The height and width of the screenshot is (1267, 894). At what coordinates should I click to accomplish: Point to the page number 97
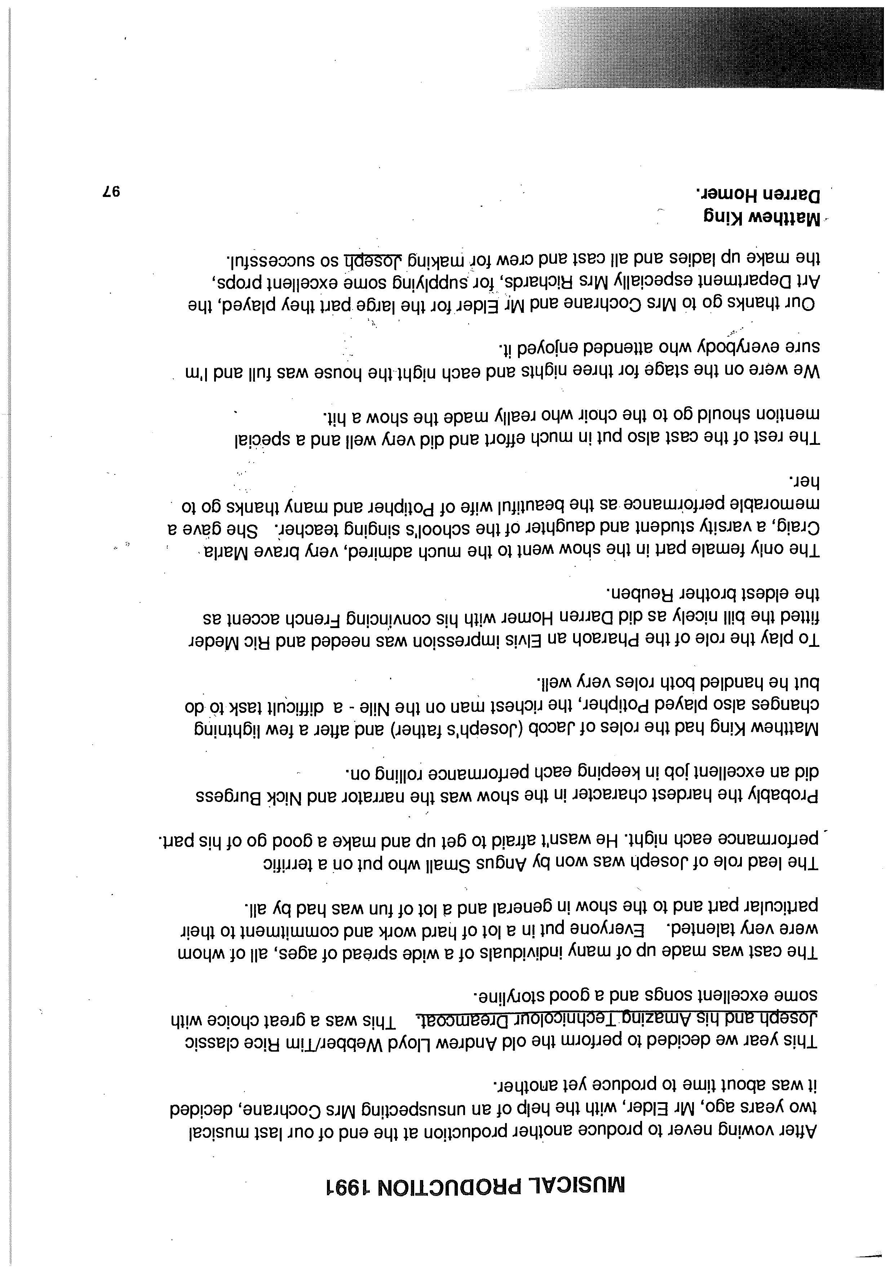pos(111,192)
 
